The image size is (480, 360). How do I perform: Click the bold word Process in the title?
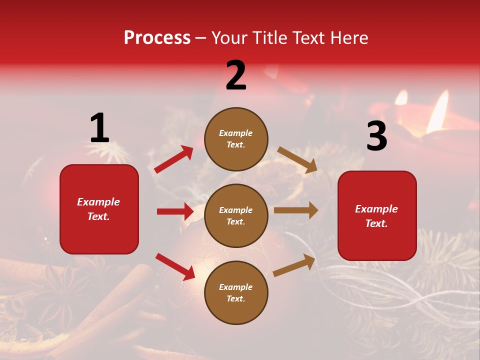(157, 38)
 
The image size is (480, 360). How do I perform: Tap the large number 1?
(99, 128)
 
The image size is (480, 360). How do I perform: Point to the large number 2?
(236, 75)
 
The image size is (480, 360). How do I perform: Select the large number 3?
(376, 136)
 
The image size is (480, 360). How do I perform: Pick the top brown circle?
(236, 139)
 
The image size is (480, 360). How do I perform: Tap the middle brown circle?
(236, 215)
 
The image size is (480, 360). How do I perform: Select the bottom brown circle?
(236, 292)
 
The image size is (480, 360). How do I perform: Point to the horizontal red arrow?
(175, 211)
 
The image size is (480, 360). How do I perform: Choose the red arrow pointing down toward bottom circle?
(175, 266)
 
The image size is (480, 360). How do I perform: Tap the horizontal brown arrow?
(296, 210)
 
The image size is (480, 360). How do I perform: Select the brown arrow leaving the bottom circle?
(294, 265)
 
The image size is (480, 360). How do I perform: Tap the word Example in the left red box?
(98, 202)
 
